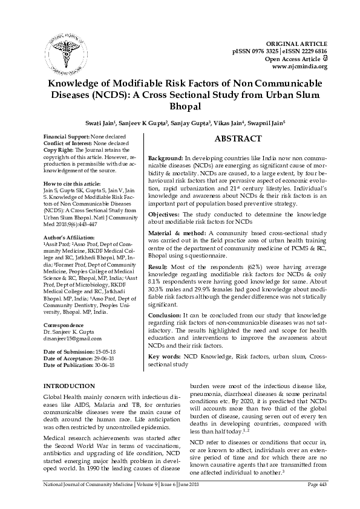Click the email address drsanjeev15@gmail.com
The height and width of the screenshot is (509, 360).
click(x=72, y=339)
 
